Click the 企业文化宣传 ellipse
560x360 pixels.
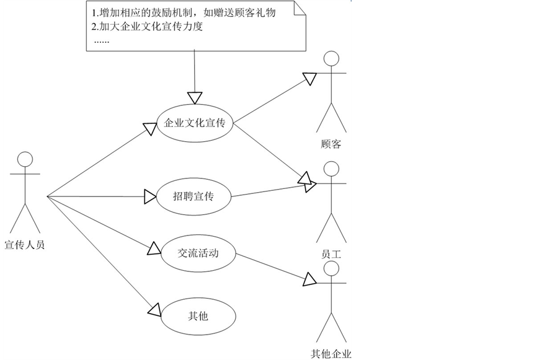(x=195, y=123)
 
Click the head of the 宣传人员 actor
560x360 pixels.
(x=24, y=159)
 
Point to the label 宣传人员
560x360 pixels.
(x=24, y=245)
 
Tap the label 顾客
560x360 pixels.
(x=332, y=144)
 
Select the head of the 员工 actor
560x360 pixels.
(x=332, y=169)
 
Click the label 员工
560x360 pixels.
(x=332, y=254)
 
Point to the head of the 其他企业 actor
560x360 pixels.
(x=332, y=268)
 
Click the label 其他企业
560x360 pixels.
(x=331, y=354)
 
